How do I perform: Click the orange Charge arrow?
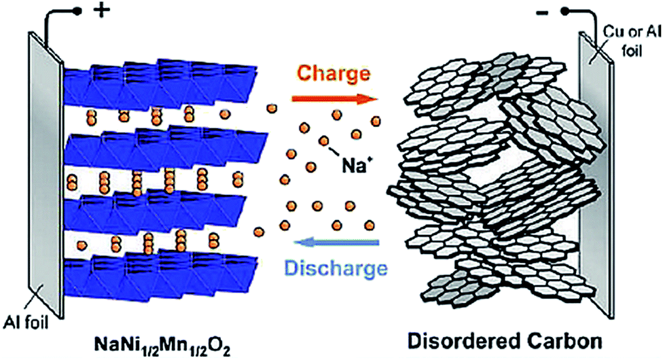point(333,98)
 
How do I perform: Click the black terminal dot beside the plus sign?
point(79,12)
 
